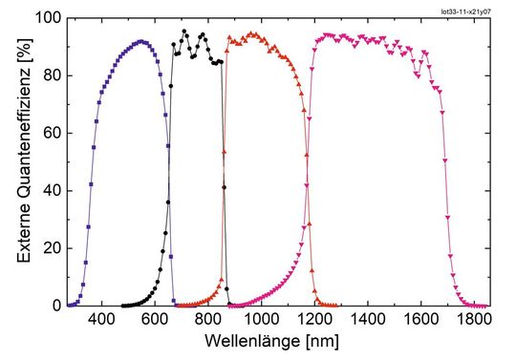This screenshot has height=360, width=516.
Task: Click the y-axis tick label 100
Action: pos(44,18)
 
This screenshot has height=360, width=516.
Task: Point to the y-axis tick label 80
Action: pos(48,75)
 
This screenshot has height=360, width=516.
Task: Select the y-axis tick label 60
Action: pos(48,133)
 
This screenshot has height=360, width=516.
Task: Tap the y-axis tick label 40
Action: pos(48,191)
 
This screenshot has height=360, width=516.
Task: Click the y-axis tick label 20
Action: pos(48,248)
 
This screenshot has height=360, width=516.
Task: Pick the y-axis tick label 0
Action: pos(52,306)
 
